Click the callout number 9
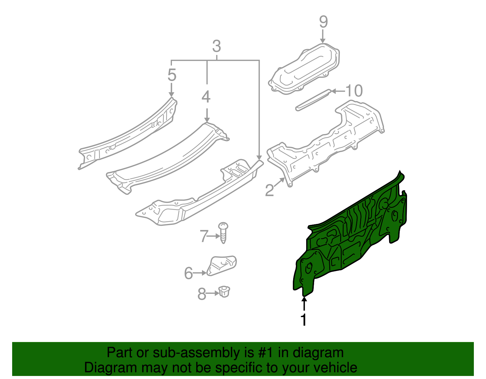pos(323,22)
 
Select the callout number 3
pos(216,46)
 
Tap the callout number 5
pos(172,75)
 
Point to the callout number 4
pos(206,97)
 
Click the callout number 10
pos(354,90)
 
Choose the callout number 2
pos(269,191)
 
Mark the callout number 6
pos(188,273)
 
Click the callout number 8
pos(202,294)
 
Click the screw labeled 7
pos(224,232)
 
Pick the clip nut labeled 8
pos(224,292)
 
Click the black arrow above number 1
pos(304,303)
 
